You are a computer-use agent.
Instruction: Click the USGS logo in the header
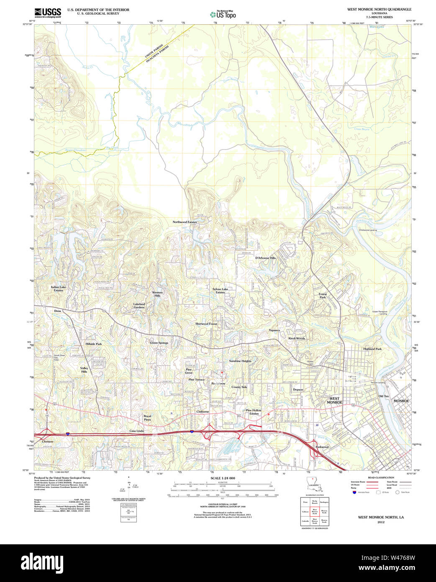click(x=47, y=13)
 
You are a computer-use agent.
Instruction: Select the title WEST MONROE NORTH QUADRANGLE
click(x=379, y=9)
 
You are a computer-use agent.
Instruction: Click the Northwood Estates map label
click(x=185, y=222)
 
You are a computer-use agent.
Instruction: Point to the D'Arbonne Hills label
click(x=265, y=258)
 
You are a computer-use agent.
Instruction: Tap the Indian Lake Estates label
click(x=58, y=288)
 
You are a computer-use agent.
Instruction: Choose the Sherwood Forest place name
click(x=206, y=324)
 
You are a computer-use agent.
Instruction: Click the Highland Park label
click(x=372, y=349)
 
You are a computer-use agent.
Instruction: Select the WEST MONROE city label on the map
click(x=336, y=400)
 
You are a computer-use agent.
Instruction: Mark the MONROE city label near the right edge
click(x=401, y=401)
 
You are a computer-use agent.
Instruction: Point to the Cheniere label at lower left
click(x=48, y=441)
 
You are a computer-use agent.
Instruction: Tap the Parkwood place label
click(x=322, y=447)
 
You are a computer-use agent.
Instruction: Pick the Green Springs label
click(x=159, y=343)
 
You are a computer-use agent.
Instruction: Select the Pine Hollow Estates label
click(x=254, y=412)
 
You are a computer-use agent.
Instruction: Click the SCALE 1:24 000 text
click(x=223, y=478)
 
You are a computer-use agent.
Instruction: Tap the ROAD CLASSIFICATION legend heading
click(x=381, y=478)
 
